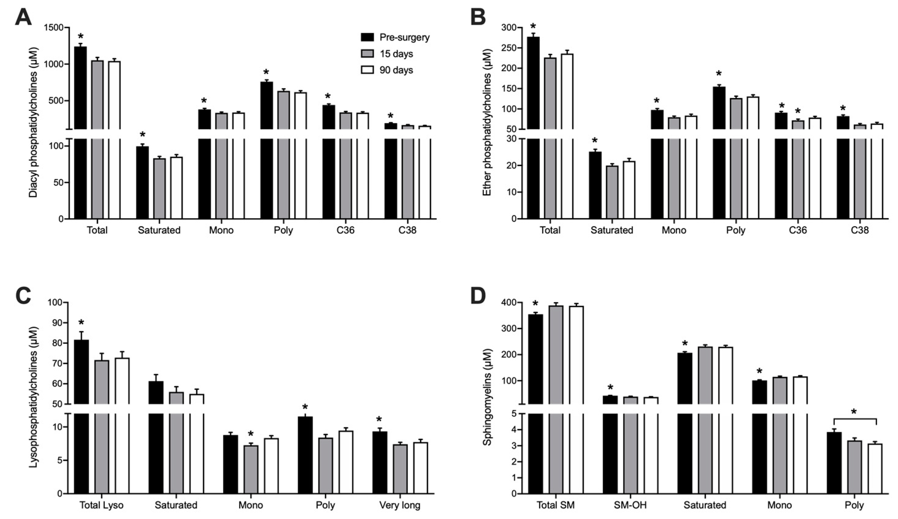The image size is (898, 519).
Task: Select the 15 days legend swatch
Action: pos(367,54)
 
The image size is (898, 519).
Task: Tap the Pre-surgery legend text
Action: pos(405,37)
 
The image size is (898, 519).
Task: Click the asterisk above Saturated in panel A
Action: pos(143,135)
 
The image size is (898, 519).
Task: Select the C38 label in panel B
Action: pos(860,230)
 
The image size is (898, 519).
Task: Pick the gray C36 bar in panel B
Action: pos(798,171)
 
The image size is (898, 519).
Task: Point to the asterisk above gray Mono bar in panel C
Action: pos(251,434)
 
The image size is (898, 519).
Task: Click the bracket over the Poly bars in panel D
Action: pos(854,419)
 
